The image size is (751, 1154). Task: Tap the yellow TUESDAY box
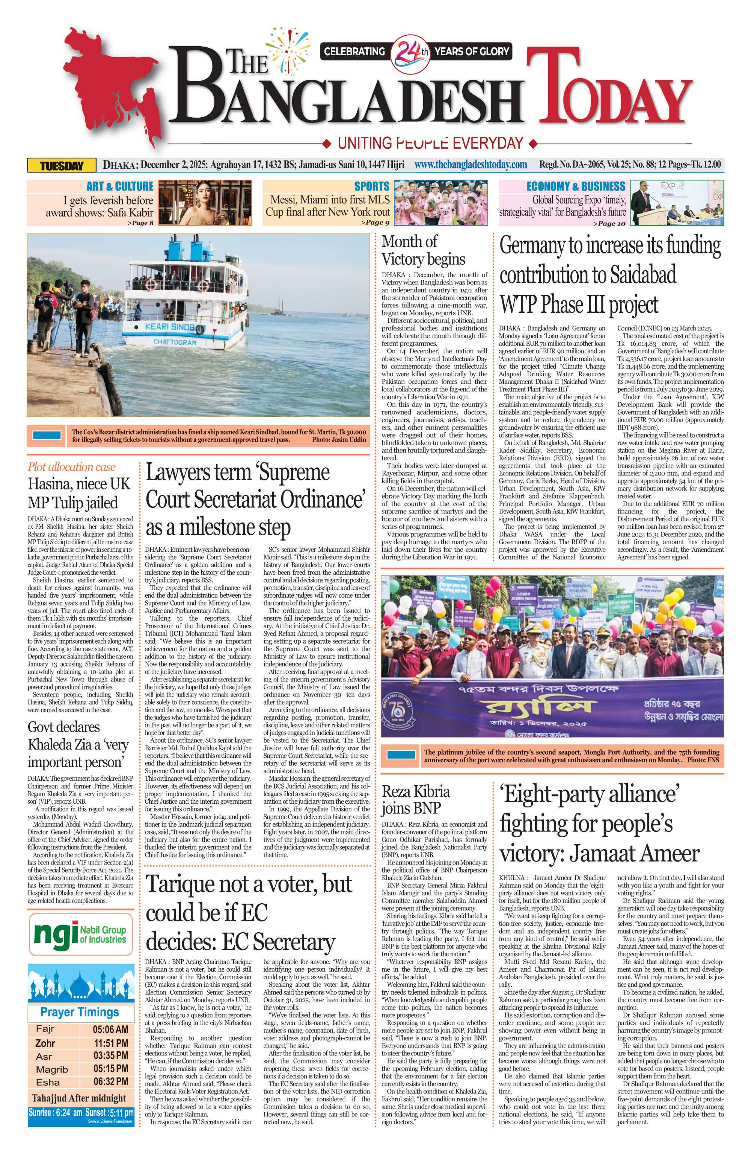click(62, 166)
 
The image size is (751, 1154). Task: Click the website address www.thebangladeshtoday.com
click(471, 165)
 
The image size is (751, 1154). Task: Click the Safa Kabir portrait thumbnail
click(205, 203)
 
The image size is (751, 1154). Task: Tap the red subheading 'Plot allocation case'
click(72, 467)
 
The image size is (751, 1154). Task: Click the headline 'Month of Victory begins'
click(423, 250)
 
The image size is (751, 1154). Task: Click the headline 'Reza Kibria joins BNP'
click(416, 800)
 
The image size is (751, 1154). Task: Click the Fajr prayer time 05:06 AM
click(110, 1029)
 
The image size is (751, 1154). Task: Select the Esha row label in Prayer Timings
click(48, 1082)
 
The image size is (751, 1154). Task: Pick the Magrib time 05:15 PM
click(110, 1069)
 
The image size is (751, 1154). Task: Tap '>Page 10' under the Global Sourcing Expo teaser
click(609, 224)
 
